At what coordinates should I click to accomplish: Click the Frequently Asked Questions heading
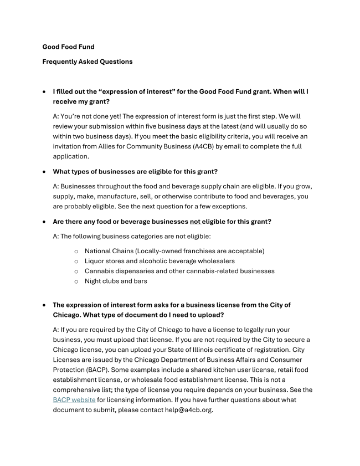coord(88,62)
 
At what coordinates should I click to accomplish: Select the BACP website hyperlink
coord(74,399)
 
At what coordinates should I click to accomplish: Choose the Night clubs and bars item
coord(116,281)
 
